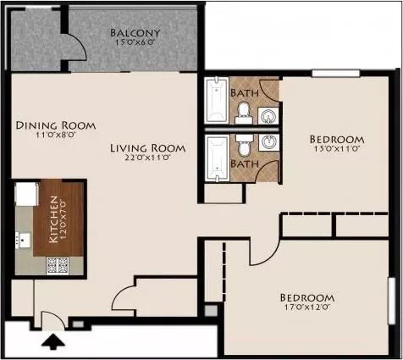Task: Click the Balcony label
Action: [135, 33]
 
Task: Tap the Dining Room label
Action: [56, 125]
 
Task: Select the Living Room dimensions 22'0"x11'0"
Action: [147, 158]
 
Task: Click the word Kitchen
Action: [53, 219]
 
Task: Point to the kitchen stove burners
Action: [58, 266]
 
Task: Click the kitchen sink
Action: [23, 241]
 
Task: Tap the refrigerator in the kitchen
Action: [27, 194]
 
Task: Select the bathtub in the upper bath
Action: [217, 100]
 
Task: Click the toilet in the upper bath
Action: [243, 113]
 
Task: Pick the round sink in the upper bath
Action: [268, 116]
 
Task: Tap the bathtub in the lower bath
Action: [217, 158]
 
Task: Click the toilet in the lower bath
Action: [244, 145]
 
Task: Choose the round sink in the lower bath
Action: [268, 142]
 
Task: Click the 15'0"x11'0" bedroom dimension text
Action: [336, 149]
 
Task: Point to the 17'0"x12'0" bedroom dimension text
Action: [307, 307]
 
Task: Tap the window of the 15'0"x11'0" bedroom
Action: [336, 74]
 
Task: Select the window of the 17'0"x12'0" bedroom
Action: [392, 301]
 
